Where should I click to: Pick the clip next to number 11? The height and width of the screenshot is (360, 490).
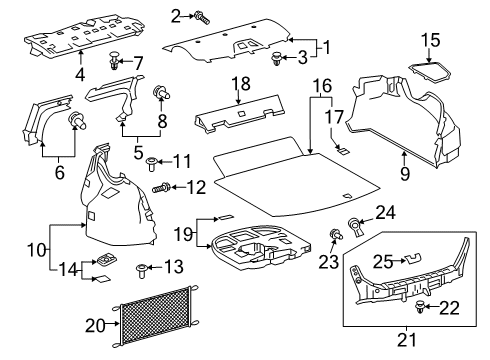152,161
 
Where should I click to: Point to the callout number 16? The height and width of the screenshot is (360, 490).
320,87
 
